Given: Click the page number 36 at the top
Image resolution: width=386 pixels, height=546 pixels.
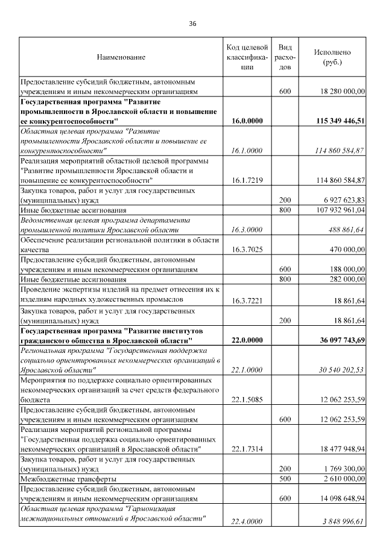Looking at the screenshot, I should point(192,24).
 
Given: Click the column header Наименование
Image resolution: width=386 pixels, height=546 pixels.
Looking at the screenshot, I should point(121,57).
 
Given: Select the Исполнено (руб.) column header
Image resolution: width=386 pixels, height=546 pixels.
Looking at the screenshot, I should point(332,57).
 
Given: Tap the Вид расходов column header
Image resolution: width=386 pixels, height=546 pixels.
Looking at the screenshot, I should point(285,57).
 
